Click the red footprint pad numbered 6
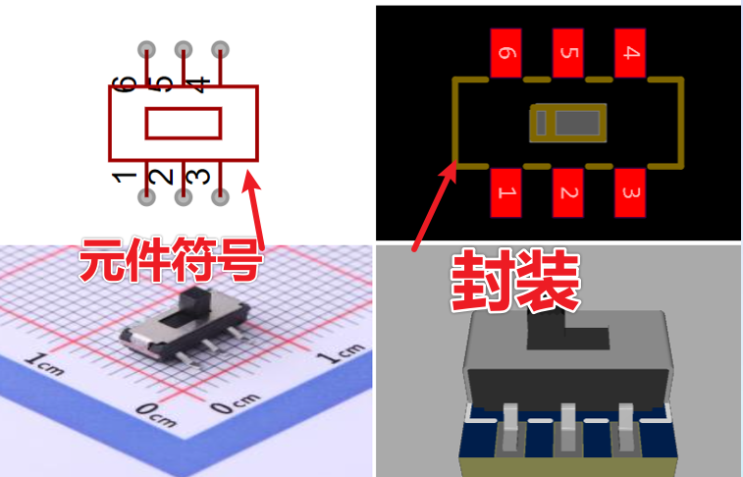click(505, 53)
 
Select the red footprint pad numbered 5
click(567, 53)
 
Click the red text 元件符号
click(171, 260)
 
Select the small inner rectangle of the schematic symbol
click(184, 123)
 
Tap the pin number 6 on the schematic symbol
click(125, 82)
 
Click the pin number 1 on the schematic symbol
click(125, 177)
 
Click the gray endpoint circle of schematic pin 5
click(184, 48)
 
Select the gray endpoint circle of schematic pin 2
click(184, 197)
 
